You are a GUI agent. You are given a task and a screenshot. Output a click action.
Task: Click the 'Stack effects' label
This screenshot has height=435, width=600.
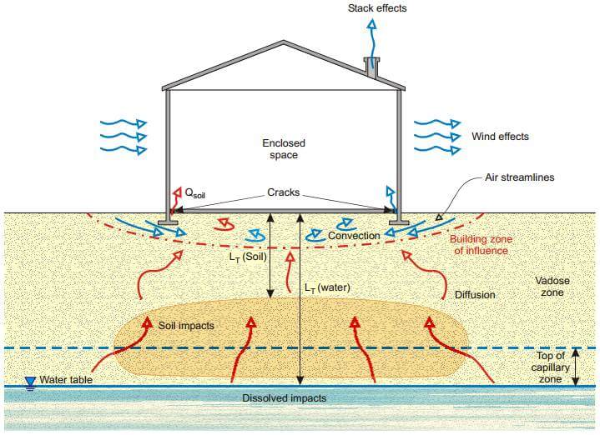tap(377, 8)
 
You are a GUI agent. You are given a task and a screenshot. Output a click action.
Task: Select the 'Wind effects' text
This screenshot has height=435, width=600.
tap(500, 137)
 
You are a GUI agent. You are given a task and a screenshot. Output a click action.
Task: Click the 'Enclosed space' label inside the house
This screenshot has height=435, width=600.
tap(279, 149)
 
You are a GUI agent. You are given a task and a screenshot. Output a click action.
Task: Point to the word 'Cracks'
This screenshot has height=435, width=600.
tap(283, 192)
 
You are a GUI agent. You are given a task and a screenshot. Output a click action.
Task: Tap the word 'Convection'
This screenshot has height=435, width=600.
tap(354, 236)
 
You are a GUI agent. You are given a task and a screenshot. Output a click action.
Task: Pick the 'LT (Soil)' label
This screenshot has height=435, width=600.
tap(248, 257)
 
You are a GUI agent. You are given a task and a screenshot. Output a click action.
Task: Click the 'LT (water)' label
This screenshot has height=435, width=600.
tap(326, 288)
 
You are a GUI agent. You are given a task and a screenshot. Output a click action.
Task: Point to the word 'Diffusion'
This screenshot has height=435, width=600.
tap(475, 295)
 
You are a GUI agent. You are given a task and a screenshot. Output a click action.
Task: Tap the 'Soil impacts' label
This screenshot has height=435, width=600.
tap(186, 325)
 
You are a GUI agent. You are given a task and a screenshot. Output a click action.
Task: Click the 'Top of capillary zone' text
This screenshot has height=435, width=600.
tap(549, 367)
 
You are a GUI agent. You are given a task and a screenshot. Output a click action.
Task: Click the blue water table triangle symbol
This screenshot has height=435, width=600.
tap(30, 382)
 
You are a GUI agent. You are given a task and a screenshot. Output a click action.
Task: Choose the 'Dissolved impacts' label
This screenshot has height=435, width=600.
tap(284, 398)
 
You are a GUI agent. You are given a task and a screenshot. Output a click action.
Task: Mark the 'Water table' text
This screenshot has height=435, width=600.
tap(66, 381)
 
